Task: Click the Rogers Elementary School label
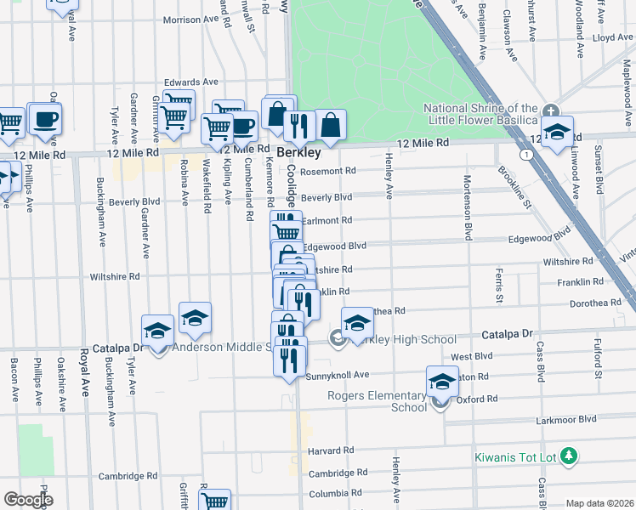(x=378, y=401)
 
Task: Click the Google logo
(x=27, y=499)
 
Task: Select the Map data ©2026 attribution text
(x=599, y=503)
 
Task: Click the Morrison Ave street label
(x=191, y=20)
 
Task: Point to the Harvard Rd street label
(x=331, y=450)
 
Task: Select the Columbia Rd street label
(x=329, y=493)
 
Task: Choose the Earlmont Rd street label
(x=327, y=220)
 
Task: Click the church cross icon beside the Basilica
(x=551, y=110)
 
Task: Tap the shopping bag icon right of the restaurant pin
(x=331, y=124)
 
